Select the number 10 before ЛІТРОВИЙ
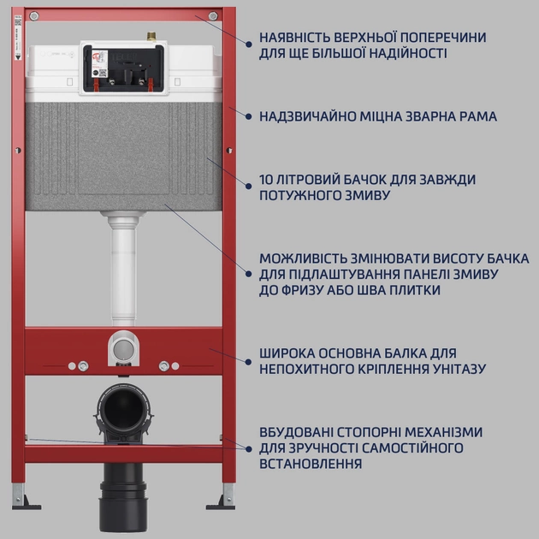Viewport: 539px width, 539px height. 266,181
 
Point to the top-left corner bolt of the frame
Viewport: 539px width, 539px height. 33,16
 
